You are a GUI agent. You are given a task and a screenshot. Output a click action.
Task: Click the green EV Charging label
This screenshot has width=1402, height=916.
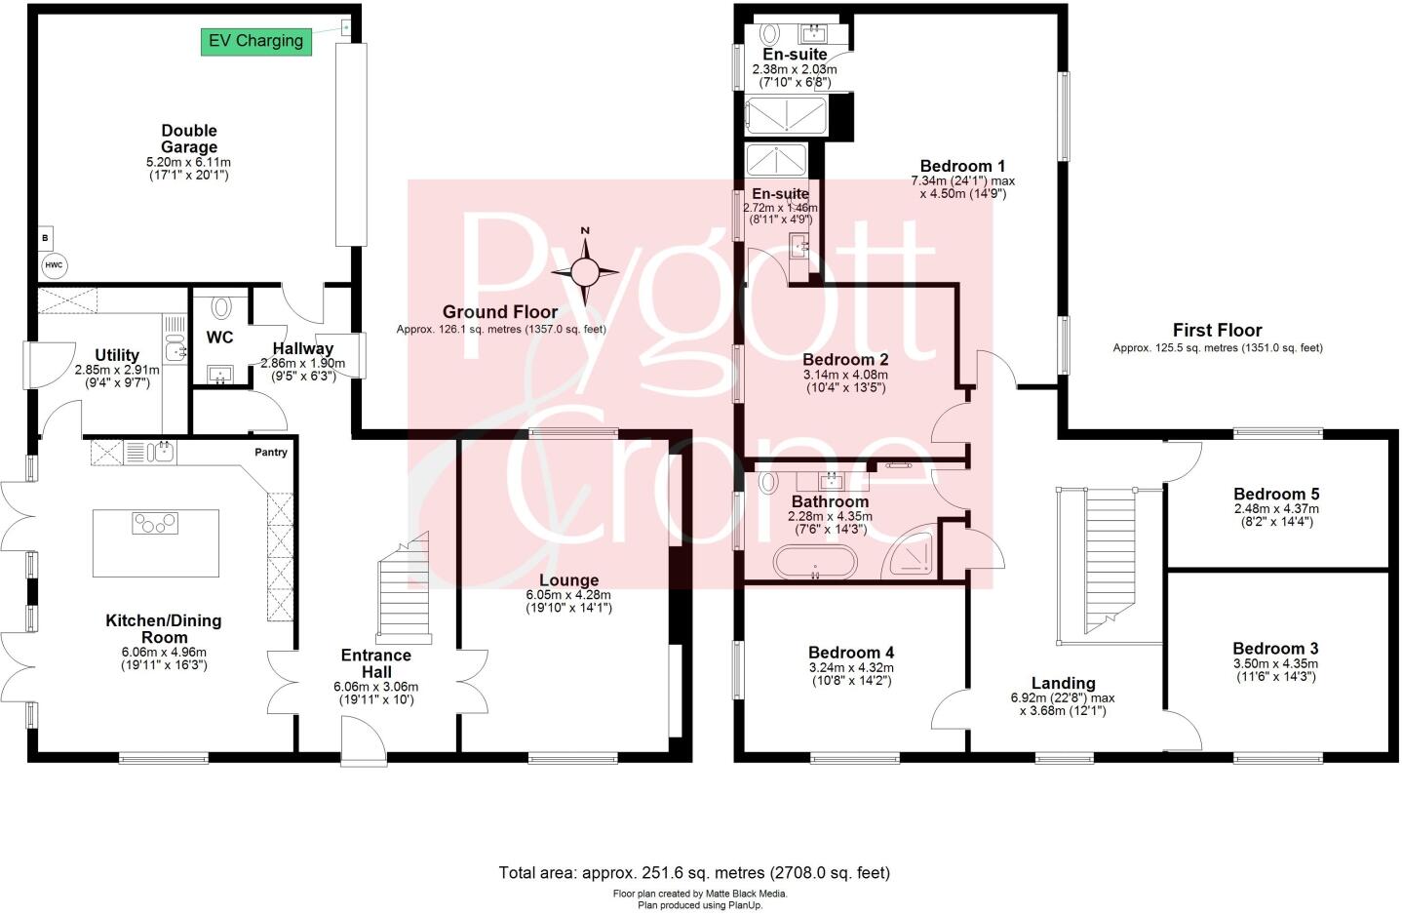coord(256,41)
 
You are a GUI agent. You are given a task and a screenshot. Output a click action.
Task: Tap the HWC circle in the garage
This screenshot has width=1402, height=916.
coord(51,265)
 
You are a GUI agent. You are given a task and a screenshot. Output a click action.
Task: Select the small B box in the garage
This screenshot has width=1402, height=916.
coord(45,237)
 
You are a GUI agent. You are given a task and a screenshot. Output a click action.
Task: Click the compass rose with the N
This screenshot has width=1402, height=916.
coord(586,272)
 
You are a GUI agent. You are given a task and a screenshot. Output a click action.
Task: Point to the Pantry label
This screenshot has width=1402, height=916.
coord(271,453)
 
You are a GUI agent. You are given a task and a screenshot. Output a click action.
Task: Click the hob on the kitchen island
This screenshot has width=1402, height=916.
coord(155,524)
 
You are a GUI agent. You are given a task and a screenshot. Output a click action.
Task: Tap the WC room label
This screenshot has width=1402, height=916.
coord(220,338)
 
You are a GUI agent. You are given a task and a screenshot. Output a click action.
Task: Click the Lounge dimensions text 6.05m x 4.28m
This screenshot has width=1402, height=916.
coord(568,594)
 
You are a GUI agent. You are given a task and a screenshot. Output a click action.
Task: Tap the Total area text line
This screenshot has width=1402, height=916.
coord(693,873)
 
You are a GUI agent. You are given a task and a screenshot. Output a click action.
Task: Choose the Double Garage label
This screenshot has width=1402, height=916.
coord(189,139)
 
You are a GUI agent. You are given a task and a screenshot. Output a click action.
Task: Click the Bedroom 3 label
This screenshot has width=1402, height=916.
coord(1275,649)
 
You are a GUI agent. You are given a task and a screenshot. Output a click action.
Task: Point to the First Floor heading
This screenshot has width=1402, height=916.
coord(1217,330)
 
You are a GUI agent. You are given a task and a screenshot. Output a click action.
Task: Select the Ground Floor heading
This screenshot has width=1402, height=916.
coord(500,312)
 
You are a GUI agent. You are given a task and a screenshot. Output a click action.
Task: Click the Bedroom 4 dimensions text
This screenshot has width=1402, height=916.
coord(850,674)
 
